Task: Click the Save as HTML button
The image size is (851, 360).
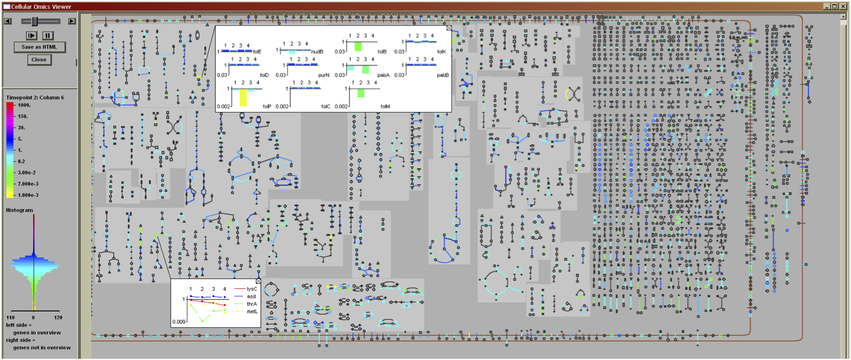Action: point(39,47)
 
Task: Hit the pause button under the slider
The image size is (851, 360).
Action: point(47,36)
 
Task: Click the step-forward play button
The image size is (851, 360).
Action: point(32,36)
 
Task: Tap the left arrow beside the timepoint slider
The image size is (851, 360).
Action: point(7,21)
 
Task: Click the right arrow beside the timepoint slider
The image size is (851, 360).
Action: point(72,21)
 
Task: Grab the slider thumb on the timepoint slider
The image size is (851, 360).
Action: point(35,21)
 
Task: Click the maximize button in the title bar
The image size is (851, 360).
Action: point(835,6)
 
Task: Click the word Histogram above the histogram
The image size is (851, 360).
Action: point(19,210)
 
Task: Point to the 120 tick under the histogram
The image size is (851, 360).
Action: point(58,318)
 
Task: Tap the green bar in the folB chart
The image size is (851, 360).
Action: point(358,46)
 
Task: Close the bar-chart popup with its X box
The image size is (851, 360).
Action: point(449,27)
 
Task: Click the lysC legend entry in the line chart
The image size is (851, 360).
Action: point(251,289)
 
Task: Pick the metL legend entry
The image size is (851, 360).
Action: point(251,312)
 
